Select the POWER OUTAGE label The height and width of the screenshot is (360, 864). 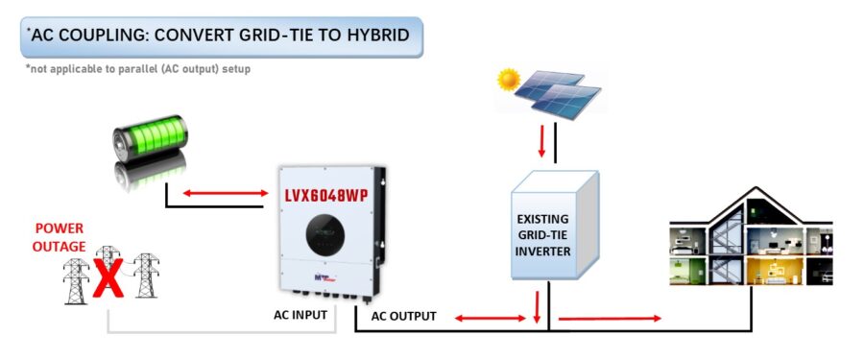60,237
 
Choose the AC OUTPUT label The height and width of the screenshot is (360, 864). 403,316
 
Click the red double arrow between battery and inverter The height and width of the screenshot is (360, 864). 226,194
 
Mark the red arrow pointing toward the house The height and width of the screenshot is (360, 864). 610,317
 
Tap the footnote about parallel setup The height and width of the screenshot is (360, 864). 138,69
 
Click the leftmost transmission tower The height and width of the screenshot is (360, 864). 77,277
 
